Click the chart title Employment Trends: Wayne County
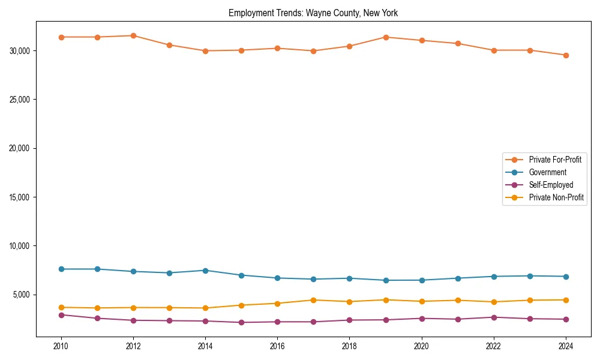(x=313, y=13)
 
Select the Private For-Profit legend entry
(x=555, y=160)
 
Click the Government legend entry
(x=547, y=172)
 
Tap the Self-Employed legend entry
(x=551, y=185)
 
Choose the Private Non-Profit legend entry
(x=556, y=197)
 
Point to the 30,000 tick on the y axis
(x=21, y=50)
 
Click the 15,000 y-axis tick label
(x=21, y=197)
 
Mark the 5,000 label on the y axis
(x=23, y=295)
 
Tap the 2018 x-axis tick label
(x=349, y=346)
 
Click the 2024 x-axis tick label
(x=566, y=346)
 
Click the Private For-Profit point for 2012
(x=133, y=35)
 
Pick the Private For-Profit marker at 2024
(x=566, y=55)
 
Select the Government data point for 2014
(x=205, y=271)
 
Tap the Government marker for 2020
(x=422, y=280)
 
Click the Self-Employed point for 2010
(x=61, y=315)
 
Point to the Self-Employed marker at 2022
(x=494, y=317)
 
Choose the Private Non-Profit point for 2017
(x=313, y=300)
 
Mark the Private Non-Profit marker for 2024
(x=566, y=300)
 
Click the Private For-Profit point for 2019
(x=386, y=37)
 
